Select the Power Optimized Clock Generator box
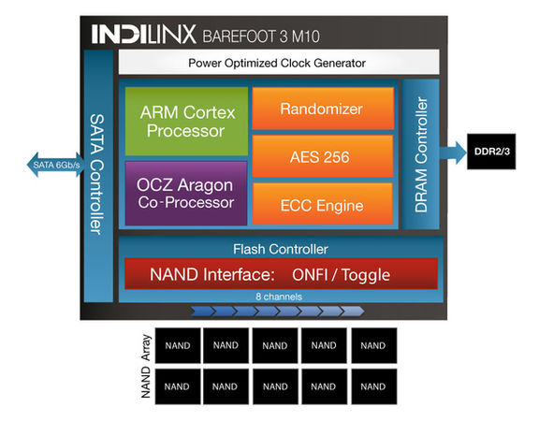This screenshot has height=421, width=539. coord(276,64)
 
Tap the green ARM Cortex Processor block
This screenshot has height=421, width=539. coord(185,121)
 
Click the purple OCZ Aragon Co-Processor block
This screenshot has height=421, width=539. coord(185,194)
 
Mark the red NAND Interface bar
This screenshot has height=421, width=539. coord(281,275)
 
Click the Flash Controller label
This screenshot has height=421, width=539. coord(280,249)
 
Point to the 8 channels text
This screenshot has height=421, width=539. coord(280,297)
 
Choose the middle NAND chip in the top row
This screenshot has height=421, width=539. coord(275,345)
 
